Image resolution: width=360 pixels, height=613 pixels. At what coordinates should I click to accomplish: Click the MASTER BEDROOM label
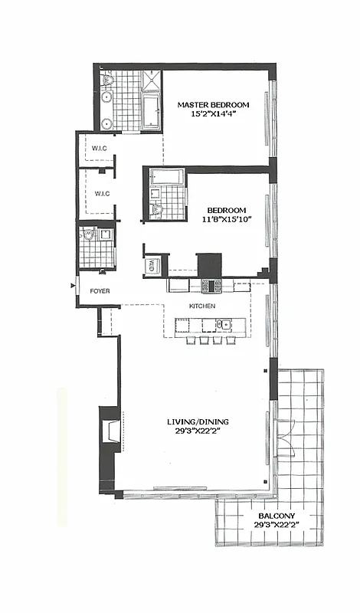(214, 104)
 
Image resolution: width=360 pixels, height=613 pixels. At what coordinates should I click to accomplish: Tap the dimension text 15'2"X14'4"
(214, 114)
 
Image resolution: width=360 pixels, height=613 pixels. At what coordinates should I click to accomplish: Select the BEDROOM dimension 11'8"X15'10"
(226, 220)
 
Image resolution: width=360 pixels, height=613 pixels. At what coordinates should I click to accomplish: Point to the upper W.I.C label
(98, 149)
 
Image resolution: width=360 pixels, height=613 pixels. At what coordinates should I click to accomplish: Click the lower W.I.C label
(102, 193)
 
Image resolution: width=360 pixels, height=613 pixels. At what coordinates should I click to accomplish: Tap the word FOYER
(100, 291)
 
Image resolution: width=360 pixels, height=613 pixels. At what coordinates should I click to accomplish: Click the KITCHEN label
(202, 306)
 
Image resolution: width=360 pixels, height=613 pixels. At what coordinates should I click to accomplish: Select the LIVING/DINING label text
(198, 422)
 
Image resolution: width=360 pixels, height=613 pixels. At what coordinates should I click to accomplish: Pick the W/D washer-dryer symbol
(152, 266)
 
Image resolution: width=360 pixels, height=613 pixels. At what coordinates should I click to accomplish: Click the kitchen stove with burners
(211, 285)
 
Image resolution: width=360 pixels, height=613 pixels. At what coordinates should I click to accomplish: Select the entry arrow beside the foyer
(74, 287)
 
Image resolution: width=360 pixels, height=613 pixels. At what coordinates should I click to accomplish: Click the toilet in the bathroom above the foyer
(89, 235)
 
